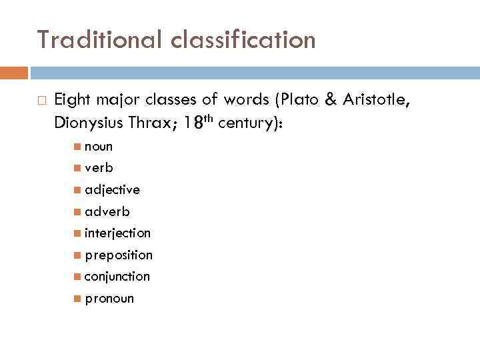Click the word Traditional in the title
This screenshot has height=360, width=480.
tap(99, 40)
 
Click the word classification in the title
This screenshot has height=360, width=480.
tap(243, 40)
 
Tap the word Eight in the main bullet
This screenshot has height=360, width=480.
tap(73, 100)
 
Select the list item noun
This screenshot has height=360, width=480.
tap(99, 147)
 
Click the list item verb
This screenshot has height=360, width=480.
tap(99, 168)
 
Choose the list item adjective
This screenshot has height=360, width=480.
tap(112, 190)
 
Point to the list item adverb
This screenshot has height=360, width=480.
tap(107, 211)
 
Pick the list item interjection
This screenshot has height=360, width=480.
tap(117, 233)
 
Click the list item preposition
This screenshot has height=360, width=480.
tap(118, 255)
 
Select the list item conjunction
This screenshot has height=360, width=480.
tap(117, 276)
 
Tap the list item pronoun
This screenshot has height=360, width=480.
tap(109, 298)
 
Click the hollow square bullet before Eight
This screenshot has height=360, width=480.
tap(41, 101)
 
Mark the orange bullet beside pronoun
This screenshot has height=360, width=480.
tap(79, 298)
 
